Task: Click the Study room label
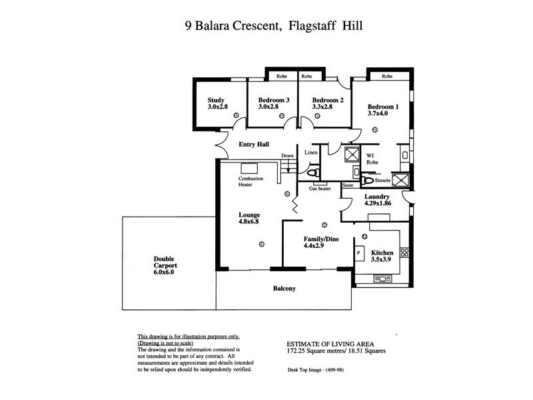(217, 100)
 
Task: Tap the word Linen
(311, 153)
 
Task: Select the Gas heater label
(320, 189)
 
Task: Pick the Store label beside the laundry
(347, 185)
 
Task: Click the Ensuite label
(383, 179)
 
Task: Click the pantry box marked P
(358, 253)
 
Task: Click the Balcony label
(284, 289)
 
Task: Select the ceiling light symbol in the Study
(236, 115)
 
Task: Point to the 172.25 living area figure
(299, 351)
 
